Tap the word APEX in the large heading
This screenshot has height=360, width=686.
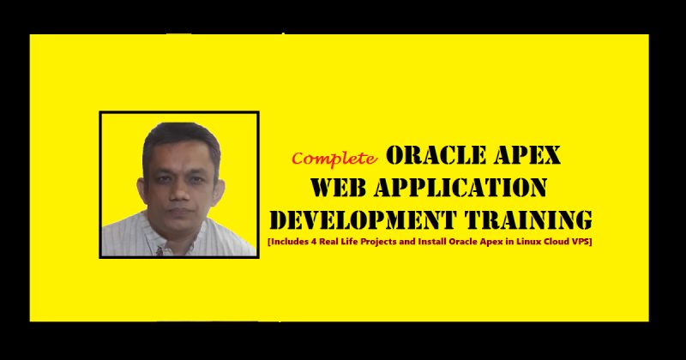pos(527,155)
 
